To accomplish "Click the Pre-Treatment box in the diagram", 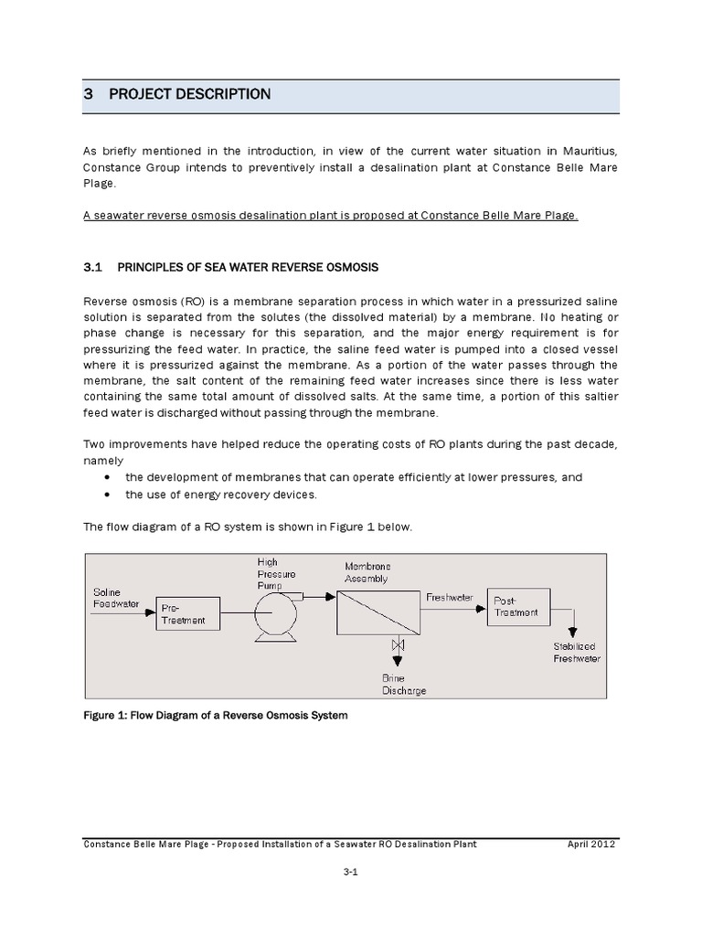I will point(189,613).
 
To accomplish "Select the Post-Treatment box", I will point(518,607).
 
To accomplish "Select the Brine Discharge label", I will point(403,685).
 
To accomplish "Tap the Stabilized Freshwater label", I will point(576,653).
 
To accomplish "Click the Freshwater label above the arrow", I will point(450,596).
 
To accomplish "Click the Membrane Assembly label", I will point(367,572).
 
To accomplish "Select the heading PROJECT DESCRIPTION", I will point(190,94).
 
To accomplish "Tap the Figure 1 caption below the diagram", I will point(216,715).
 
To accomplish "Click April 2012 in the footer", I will point(591,844).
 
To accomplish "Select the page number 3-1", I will point(351,875).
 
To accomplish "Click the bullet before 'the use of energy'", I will point(109,495).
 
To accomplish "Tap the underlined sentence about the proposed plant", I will point(331,215).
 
